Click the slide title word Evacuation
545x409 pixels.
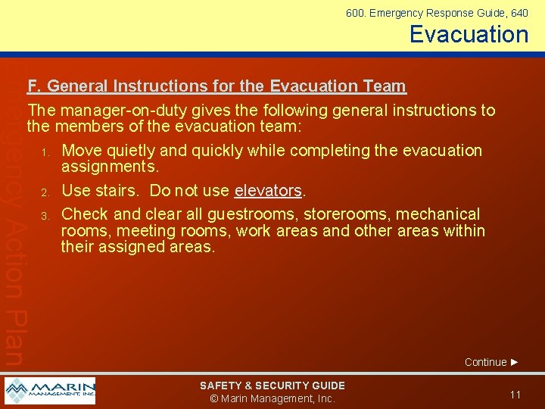point(469,34)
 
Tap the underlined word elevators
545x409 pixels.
point(268,191)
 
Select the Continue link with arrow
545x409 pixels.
point(491,362)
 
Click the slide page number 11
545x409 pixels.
point(515,395)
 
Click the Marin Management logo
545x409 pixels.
point(50,391)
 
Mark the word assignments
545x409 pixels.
point(110,167)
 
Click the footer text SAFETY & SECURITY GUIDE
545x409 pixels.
point(272,386)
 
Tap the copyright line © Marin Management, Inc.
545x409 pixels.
point(272,399)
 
